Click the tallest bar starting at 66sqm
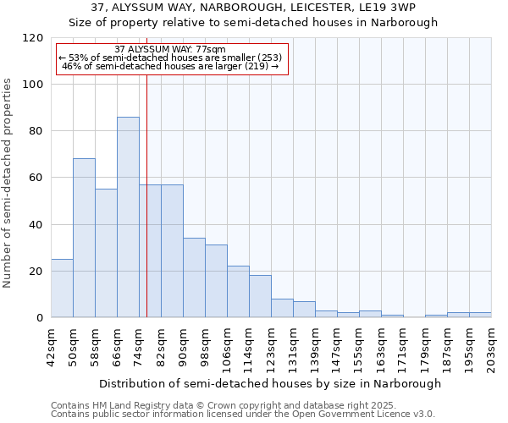click(x=128, y=217)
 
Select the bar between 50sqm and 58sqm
click(x=84, y=238)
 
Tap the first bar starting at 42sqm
click(x=62, y=288)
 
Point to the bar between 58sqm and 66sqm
click(x=106, y=253)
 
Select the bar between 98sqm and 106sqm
click(x=216, y=281)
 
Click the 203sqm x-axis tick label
click(x=490, y=346)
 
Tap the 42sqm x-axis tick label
click(x=50, y=346)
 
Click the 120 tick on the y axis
click(x=33, y=38)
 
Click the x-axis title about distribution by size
click(x=270, y=383)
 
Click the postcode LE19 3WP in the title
click(x=390, y=8)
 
